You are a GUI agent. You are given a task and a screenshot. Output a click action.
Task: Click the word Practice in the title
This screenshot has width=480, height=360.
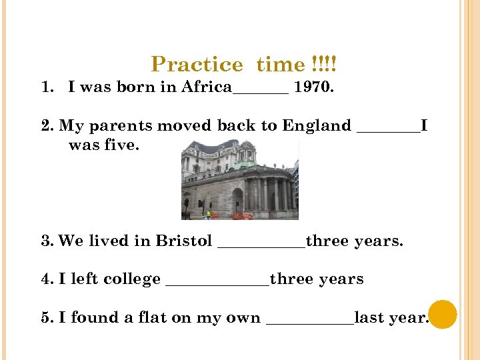tap(197, 65)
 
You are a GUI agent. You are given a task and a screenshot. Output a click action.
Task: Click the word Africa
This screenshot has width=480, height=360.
tap(206, 87)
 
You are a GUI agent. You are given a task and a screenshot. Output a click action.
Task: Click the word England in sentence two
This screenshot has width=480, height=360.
tap(316, 126)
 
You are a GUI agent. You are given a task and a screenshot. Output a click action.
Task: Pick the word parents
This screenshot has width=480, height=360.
tap(115, 126)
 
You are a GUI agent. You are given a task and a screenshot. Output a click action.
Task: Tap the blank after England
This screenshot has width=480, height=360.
tap(389, 131)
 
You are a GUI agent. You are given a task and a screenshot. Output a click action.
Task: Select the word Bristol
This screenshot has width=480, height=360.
tap(183, 241)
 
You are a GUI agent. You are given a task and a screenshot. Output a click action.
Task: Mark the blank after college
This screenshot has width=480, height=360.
tap(217, 284)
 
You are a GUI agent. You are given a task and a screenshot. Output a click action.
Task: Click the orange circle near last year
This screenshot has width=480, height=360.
tap(443, 315)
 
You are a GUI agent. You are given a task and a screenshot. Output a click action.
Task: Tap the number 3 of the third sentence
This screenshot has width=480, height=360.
tap(45, 241)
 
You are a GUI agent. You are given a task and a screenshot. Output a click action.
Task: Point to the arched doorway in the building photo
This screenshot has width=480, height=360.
tap(237, 199)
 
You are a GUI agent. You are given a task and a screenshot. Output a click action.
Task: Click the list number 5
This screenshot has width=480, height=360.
tap(45, 318)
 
